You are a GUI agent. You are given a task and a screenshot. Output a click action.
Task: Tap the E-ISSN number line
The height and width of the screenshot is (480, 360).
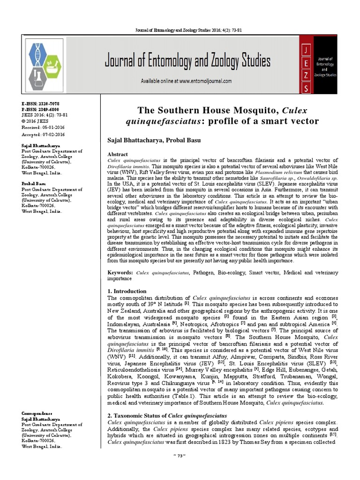(40, 103)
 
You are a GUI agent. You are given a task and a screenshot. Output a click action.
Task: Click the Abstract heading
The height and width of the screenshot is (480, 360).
(118, 154)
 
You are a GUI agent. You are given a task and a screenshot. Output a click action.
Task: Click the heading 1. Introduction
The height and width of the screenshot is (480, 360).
(127, 291)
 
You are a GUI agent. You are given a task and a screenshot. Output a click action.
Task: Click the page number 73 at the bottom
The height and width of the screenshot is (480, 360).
(180, 469)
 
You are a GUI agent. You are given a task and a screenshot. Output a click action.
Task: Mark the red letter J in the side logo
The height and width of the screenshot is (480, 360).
(306, 50)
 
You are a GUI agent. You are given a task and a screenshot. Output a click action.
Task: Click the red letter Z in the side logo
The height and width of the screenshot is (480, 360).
(306, 75)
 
